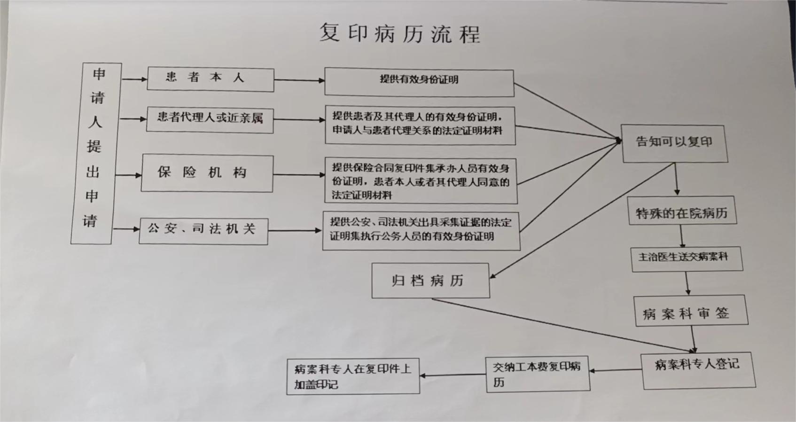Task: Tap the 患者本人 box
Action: click(211, 79)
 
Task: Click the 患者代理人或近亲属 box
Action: click(210, 120)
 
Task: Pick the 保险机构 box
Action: click(207, 173)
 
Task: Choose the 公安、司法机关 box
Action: click(203, 231)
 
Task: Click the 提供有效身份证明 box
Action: click(419, 82)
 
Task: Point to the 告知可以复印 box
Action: click(674, 143)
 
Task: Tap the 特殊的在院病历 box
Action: click(682, 211)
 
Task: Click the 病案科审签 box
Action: click(691, 310)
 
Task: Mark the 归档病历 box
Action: click(431, 281)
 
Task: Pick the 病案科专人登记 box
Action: click(698, 370)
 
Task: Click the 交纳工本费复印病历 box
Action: click(538, 374)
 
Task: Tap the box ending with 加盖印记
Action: click(353, 376)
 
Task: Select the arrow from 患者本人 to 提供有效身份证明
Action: click(299, 80)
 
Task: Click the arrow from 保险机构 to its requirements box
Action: click(299, 174)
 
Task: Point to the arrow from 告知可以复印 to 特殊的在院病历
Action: click(676, 179)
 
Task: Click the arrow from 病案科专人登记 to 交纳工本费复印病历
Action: click(616, 370)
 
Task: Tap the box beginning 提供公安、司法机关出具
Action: click(421, 231)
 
